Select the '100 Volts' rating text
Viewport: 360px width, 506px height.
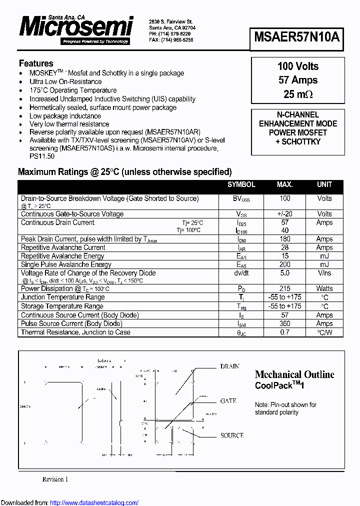[x=297, y=66]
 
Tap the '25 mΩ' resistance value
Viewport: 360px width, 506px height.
[x=297, y=94]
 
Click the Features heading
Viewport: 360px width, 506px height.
[x=36, y=63]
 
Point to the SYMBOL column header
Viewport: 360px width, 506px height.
[x=241, y=184]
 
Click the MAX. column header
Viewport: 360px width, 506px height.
[x=284, y=184]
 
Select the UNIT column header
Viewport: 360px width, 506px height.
[x=324, y=184]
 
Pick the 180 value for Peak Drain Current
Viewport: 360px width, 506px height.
[x=284, y=239]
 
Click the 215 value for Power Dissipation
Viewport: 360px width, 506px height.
[x=284, y=288]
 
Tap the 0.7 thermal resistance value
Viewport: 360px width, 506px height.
[x=284, y=332]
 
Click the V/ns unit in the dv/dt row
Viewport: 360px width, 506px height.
[x=324, y=273]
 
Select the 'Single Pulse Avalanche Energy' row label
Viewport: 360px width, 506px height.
[x=66, y=264]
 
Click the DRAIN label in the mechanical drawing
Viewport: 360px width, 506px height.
[x=229, y=366]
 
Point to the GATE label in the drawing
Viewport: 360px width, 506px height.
[x=228, y=401]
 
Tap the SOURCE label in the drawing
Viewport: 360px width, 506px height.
[x=231, y=435]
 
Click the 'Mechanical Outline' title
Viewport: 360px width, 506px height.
[x=294, y=374]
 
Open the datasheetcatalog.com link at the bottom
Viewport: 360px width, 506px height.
[x=94, y=502]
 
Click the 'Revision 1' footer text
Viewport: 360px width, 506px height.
[x=55, y=479]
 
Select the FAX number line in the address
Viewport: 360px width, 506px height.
[x=171, y=39]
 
